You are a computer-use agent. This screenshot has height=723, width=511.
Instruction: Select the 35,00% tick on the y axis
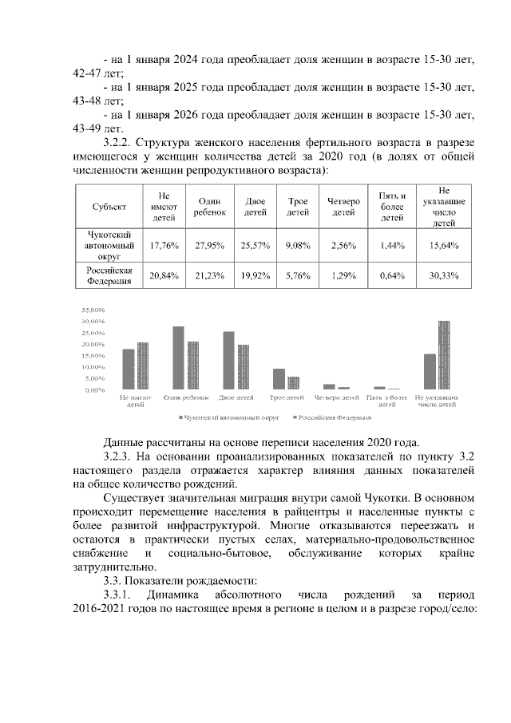coord(94,310)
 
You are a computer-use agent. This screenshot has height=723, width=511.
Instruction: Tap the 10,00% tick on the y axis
coord(94,367)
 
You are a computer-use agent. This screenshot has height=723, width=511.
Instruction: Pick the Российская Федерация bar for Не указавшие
coord(444,355)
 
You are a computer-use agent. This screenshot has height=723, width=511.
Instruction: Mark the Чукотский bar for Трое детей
coord(278,379)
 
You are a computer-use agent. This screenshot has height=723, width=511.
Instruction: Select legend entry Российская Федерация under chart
coord(334,417)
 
